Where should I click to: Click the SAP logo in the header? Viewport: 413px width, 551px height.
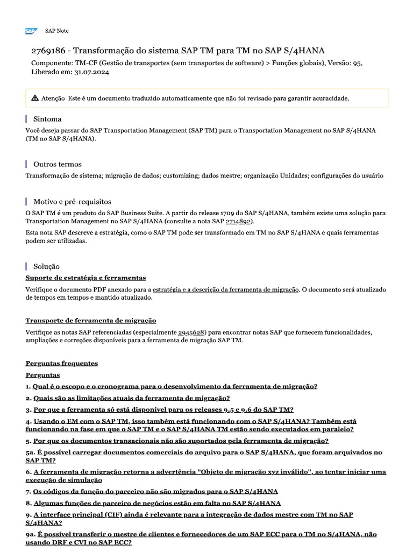(31, 32)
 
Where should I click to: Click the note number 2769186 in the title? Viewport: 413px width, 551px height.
(48, 51)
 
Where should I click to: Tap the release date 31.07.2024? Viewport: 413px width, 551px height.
(91, 73)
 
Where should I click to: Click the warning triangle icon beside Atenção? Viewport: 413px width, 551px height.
(35, 98)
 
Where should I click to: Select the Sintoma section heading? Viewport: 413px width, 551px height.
(47, 119)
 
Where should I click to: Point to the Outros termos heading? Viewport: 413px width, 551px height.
(57, 164)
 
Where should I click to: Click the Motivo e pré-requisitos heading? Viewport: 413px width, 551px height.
(72, 202)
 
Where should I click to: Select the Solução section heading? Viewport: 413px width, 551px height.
(46, 266)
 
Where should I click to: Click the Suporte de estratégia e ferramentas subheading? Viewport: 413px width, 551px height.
(86, 278)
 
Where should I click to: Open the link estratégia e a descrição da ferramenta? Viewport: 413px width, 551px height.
(225, 289)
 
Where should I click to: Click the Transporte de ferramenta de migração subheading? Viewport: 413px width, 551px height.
(91, 320)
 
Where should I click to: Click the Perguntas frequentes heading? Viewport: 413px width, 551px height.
(62, 363)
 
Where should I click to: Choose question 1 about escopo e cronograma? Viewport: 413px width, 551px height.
(175, 386)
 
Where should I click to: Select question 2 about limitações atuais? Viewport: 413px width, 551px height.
(131, 398)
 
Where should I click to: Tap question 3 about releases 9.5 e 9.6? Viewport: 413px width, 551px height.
(163, 409)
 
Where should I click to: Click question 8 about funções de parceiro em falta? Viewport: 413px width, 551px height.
(157, 503)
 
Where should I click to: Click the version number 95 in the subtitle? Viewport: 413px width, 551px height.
(357, 63)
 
